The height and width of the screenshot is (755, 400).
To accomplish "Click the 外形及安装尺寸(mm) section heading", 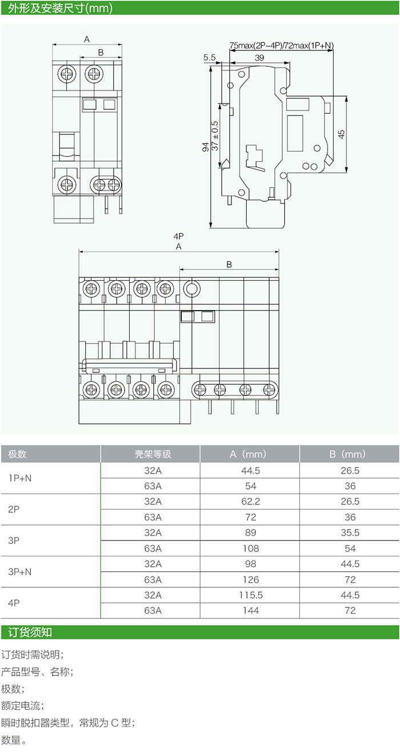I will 56,9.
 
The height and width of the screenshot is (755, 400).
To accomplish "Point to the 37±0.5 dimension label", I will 215,136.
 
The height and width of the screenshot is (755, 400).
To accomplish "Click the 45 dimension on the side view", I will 341,134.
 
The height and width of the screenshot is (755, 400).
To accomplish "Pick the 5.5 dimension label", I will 209,57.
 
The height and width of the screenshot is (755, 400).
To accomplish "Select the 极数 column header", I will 18,454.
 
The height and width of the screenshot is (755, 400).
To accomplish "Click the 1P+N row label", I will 20,478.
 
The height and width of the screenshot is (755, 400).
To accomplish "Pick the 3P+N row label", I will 20,571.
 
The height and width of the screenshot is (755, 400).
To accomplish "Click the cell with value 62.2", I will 250,502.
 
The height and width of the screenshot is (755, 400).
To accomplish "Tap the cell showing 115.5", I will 250,595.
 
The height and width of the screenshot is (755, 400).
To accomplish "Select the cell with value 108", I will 250,548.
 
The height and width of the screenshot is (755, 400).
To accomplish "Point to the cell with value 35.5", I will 350,533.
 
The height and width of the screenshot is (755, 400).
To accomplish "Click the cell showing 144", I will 250,610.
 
